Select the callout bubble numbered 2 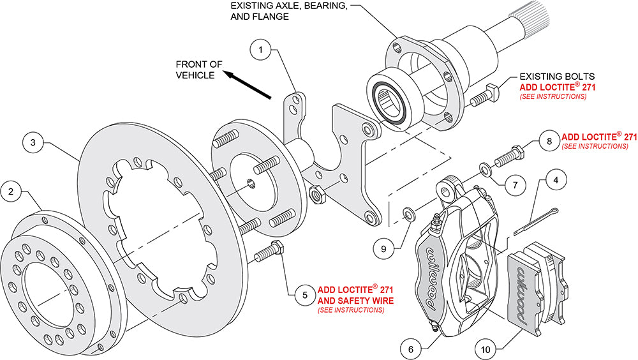tap(11, 190)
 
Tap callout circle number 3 tap(34, 143)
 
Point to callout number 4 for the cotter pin tap(556, 180)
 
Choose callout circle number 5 tap(304, 295)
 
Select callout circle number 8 tap(547, 140)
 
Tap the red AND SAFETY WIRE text tap(355, 299)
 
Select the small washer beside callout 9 tap(407, 212)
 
